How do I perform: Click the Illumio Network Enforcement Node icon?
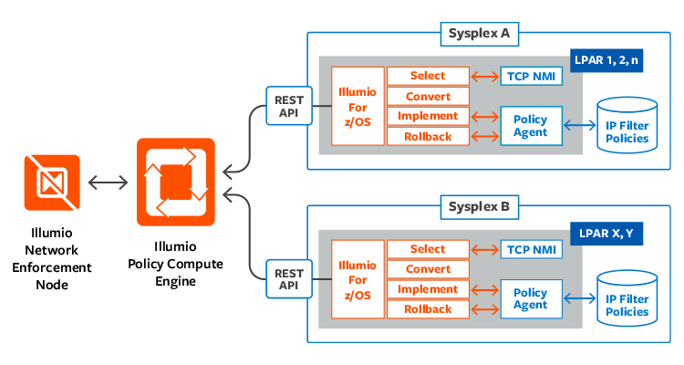click(52, 182)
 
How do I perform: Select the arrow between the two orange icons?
click(109, 182)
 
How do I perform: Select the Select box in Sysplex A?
click(428, 76)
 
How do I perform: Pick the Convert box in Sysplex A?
click(428, 96)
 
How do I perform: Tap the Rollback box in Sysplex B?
click(428, 309)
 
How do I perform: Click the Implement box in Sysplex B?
click(428, 289)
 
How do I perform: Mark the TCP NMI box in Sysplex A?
click(531, 76)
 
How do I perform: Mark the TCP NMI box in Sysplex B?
click(531, 249)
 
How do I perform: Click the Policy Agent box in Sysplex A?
click(531, 126)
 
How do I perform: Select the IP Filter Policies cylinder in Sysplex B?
click(627, 300)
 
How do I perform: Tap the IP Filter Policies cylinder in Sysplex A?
click(627, 127)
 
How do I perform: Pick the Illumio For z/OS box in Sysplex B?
click(357, 279)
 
